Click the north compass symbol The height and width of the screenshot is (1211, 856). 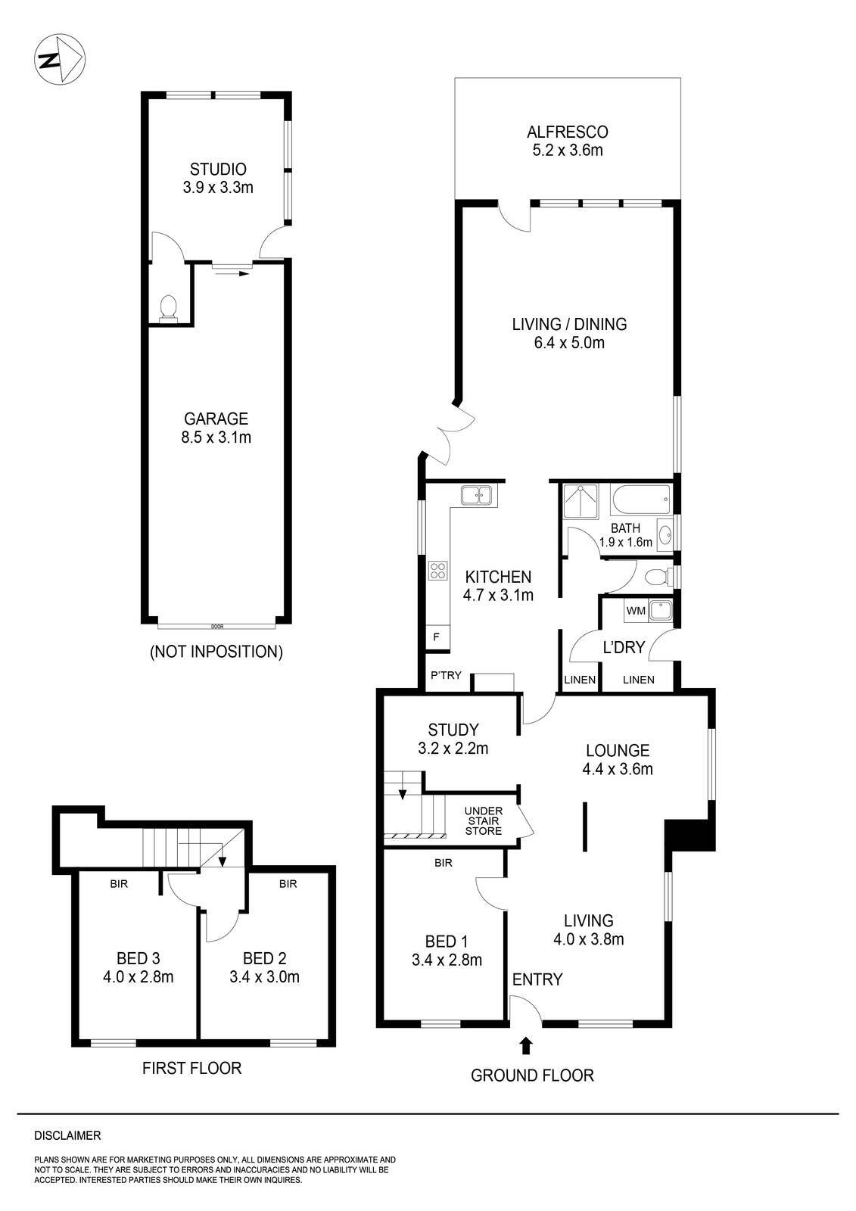point(60,60)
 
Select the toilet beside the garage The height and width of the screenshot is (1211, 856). point(169,307)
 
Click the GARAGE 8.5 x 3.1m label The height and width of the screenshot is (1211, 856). point(217,428)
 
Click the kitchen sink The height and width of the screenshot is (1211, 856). point(476,495)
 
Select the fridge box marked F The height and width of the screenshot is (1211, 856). point(436,637)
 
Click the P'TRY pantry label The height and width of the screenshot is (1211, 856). point(446,675)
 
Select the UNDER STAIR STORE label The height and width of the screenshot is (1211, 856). point(484,820)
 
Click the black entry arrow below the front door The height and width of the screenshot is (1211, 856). point(526,1045)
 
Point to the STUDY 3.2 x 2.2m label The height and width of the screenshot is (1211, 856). point(453,739)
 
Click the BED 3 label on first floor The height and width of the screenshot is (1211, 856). point(139,967)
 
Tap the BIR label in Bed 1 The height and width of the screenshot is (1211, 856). point(444,862)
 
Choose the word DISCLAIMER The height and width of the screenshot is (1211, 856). point(67,1136)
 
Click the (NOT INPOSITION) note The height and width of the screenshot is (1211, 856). point(216,652)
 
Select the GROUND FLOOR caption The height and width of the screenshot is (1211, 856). point(532,1075)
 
